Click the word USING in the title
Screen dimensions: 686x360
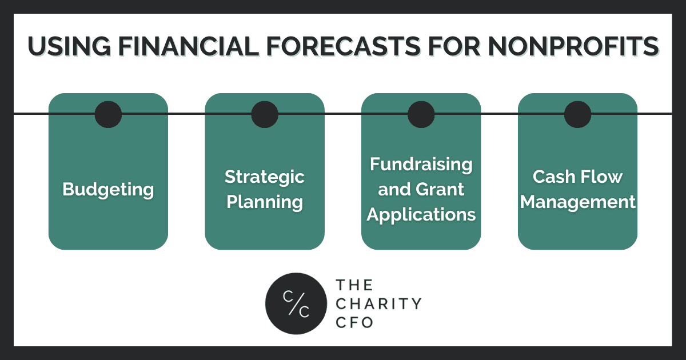[69, 46]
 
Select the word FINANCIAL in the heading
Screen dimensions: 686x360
[189, 46]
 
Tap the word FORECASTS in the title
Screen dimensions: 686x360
[344, 46]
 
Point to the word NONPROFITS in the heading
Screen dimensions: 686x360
[573, 46]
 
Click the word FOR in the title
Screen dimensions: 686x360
[454, 46]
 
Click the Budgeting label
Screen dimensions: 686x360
[108, 190]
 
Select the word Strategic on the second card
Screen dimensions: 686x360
[265, 177]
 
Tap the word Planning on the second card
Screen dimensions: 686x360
[265, 202]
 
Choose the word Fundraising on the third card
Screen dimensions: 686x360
[421, 165]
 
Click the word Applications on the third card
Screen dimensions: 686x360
[421, 215]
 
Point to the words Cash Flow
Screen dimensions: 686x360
[577, 177]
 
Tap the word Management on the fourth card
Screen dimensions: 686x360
[577, 202]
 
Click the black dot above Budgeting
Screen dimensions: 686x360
[108, 114]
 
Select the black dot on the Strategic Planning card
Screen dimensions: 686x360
[265, 114]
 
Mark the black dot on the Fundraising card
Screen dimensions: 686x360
[421, 114]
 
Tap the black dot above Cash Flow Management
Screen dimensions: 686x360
[577, 114]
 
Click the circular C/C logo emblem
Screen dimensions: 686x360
[296, 303]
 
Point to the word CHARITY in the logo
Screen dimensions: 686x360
[379, 303]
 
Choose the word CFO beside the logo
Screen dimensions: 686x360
[354, 322]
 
